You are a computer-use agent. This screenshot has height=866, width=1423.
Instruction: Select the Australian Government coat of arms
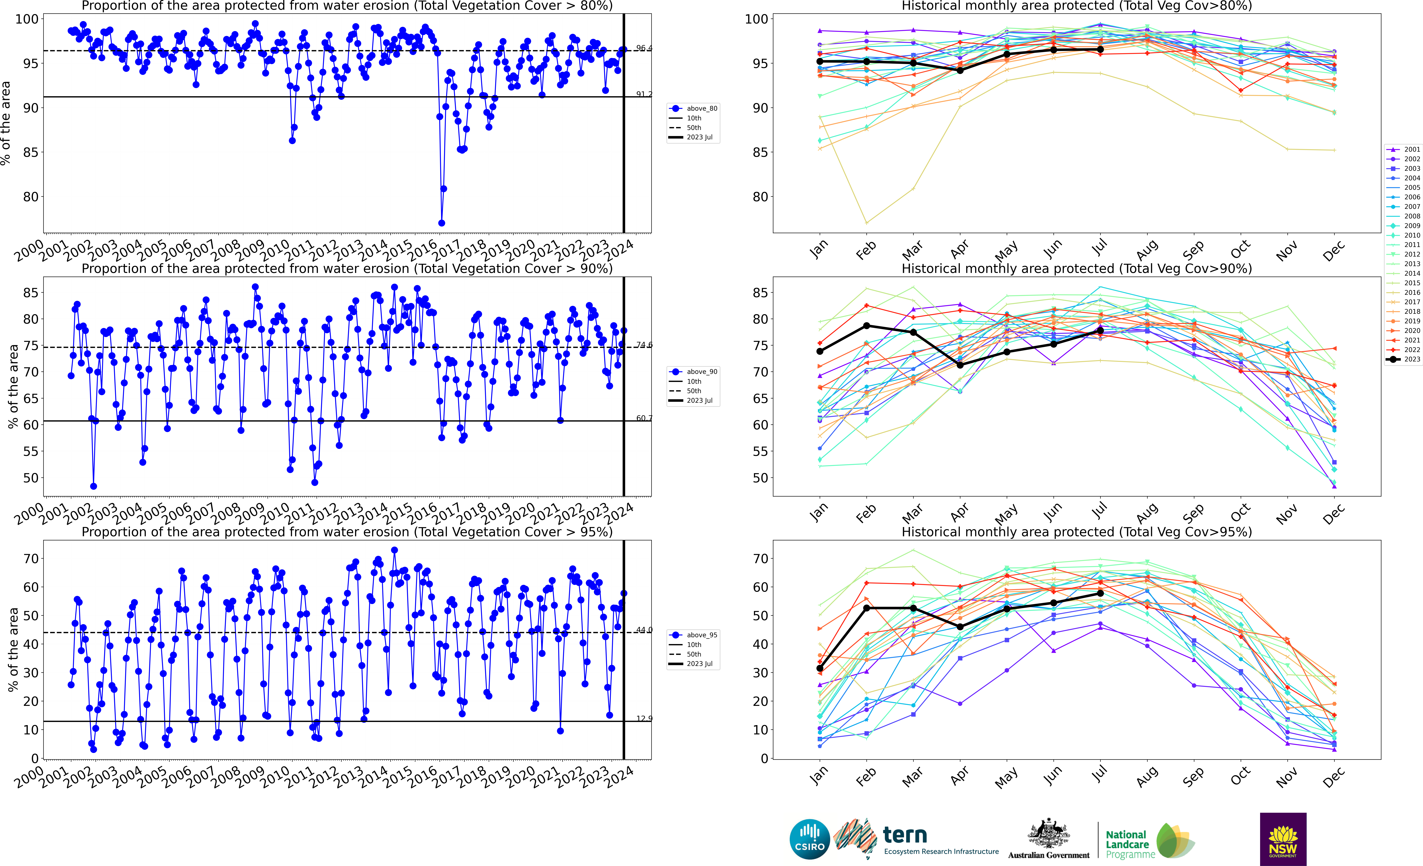[1048, 833]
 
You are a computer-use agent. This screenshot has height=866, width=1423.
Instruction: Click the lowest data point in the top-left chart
[442, 223]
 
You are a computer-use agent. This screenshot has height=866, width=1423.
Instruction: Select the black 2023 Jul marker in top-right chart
[1100, 50]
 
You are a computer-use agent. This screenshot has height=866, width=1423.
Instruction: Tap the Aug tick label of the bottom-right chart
[1147, 777]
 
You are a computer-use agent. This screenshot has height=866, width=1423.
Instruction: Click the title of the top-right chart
[1077, 6]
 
